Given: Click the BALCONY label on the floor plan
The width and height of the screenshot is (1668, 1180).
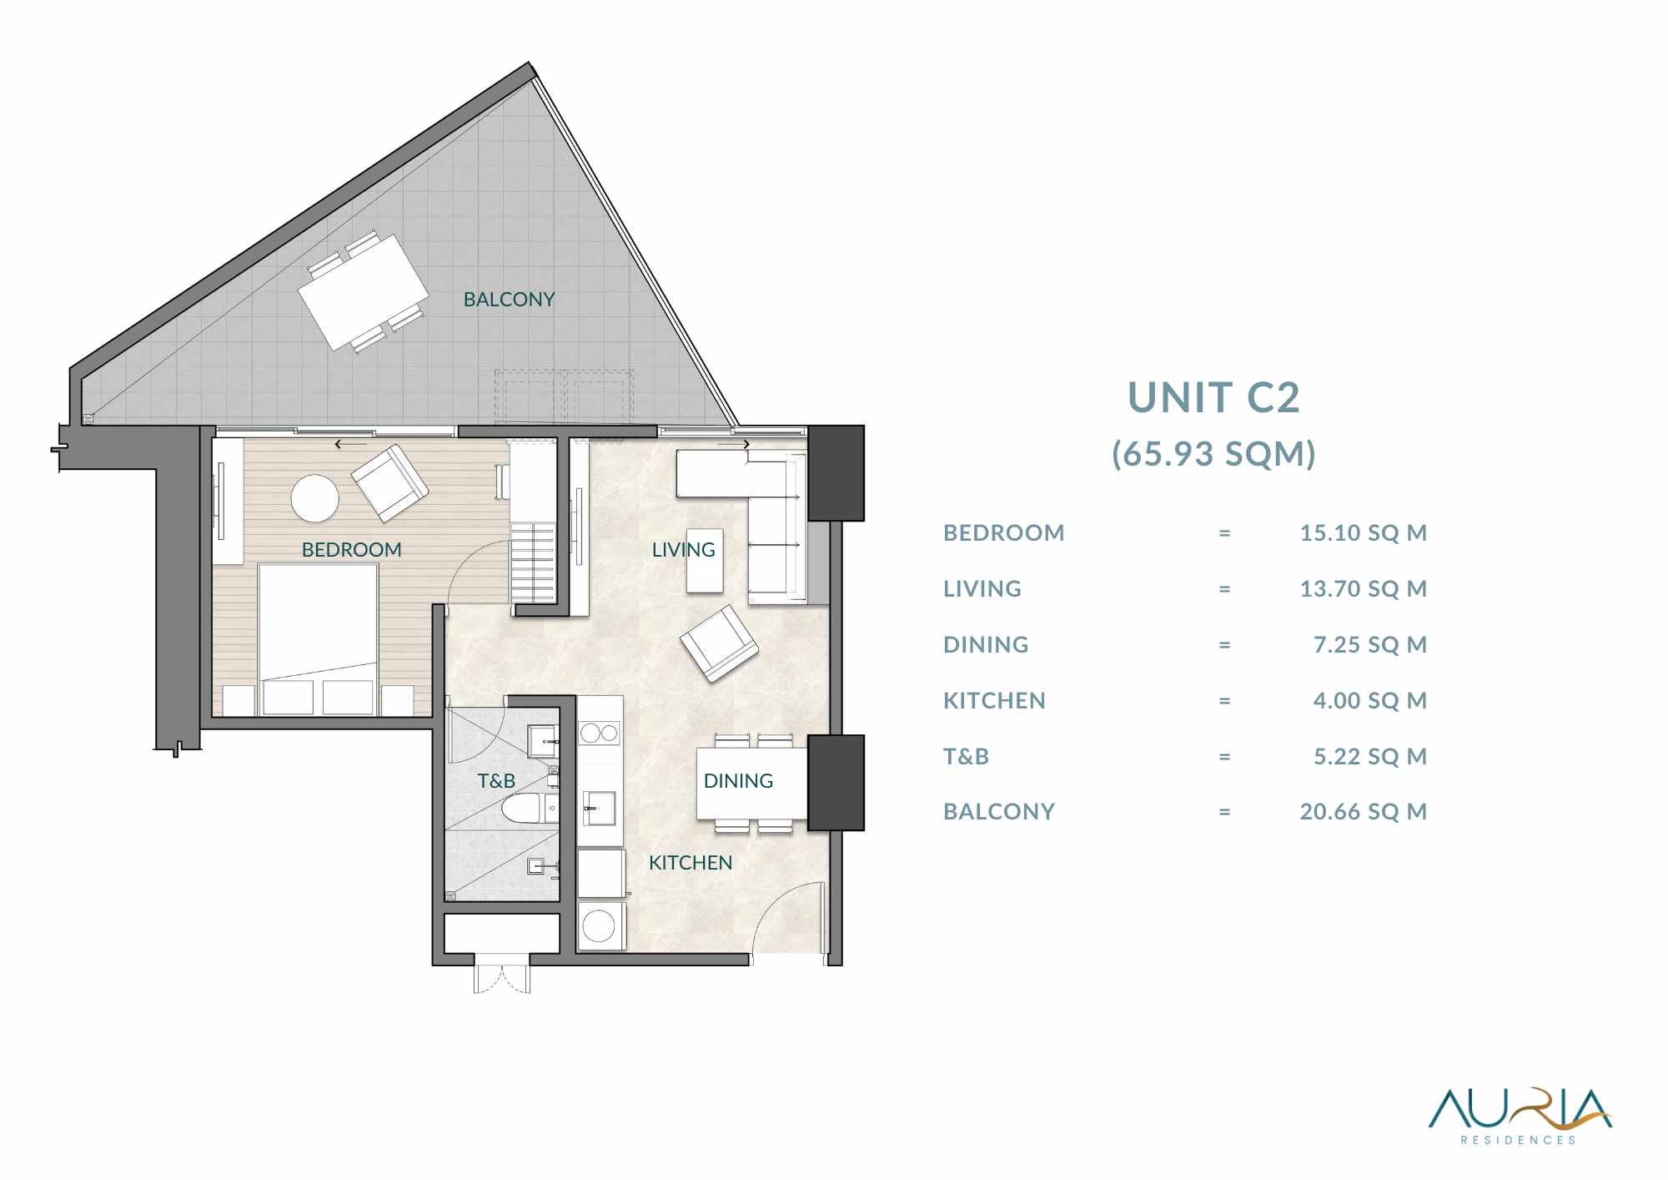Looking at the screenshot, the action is [x=509, y=300].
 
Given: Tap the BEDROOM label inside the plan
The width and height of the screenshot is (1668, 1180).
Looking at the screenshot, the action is [x=351, y=550].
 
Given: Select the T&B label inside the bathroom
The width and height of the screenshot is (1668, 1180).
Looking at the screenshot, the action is [x=496, y=781].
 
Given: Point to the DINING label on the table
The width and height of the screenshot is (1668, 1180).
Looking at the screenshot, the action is [x=738, y=781].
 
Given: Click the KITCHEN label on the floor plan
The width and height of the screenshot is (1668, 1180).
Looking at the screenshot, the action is [x=691, y=863].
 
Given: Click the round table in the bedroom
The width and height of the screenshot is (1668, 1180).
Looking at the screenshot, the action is [x=315, y=499].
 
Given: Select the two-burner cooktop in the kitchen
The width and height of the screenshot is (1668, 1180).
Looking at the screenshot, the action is [x=600, y=734].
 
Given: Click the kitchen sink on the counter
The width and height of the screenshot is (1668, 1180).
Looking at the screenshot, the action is [x=599, y=808].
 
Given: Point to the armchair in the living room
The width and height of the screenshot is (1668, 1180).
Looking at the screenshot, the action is [x=719, y=643].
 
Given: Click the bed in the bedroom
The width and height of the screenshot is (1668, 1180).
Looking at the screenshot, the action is [x=318, y=639].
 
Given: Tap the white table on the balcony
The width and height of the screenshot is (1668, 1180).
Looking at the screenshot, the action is [x=364, y=292].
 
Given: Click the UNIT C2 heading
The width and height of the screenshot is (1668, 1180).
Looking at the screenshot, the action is [x=1213, y=397].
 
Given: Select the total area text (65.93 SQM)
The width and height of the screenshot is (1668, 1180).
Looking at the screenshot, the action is [x=1213, y=454].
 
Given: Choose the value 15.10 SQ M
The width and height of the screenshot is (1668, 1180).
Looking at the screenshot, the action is [x=1364, y=532].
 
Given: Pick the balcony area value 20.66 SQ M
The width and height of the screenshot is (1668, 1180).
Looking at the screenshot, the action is [x=1364, y=811].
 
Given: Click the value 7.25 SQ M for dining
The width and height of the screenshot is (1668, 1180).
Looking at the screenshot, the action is [x=1370, y=644].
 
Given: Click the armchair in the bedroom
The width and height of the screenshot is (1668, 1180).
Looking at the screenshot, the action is [x=389, y=483].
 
